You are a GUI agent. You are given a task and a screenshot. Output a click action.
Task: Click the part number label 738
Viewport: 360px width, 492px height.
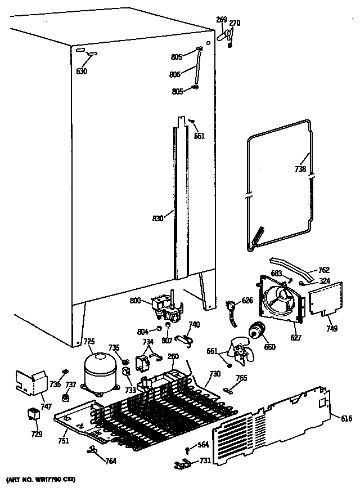[x=300, y=169]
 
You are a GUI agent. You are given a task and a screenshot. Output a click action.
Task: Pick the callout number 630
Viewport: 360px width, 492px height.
[x=83, y=71]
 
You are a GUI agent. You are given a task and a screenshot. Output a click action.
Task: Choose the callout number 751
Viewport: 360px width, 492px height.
[x=64, y=441]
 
